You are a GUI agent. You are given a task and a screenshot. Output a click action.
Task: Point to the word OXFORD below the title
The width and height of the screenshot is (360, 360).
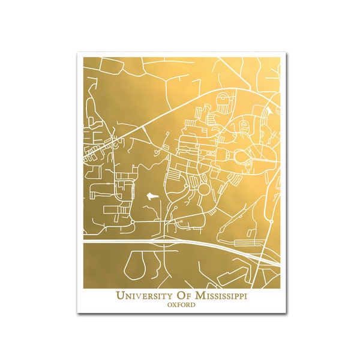click(181, 305)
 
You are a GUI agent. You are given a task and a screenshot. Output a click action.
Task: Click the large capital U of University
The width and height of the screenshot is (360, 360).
click(119, 296)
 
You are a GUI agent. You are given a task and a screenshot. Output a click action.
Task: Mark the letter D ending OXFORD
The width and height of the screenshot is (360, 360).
click(193, 305)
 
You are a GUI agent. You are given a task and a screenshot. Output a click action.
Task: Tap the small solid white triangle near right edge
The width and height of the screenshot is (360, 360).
click(269, 112)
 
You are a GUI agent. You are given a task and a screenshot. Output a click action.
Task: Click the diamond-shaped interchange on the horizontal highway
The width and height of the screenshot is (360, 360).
click(160, 244)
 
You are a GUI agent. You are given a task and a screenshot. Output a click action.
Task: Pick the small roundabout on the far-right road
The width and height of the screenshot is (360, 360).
click(271, 221)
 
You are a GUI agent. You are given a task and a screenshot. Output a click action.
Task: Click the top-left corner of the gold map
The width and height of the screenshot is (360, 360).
click(83, 58)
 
